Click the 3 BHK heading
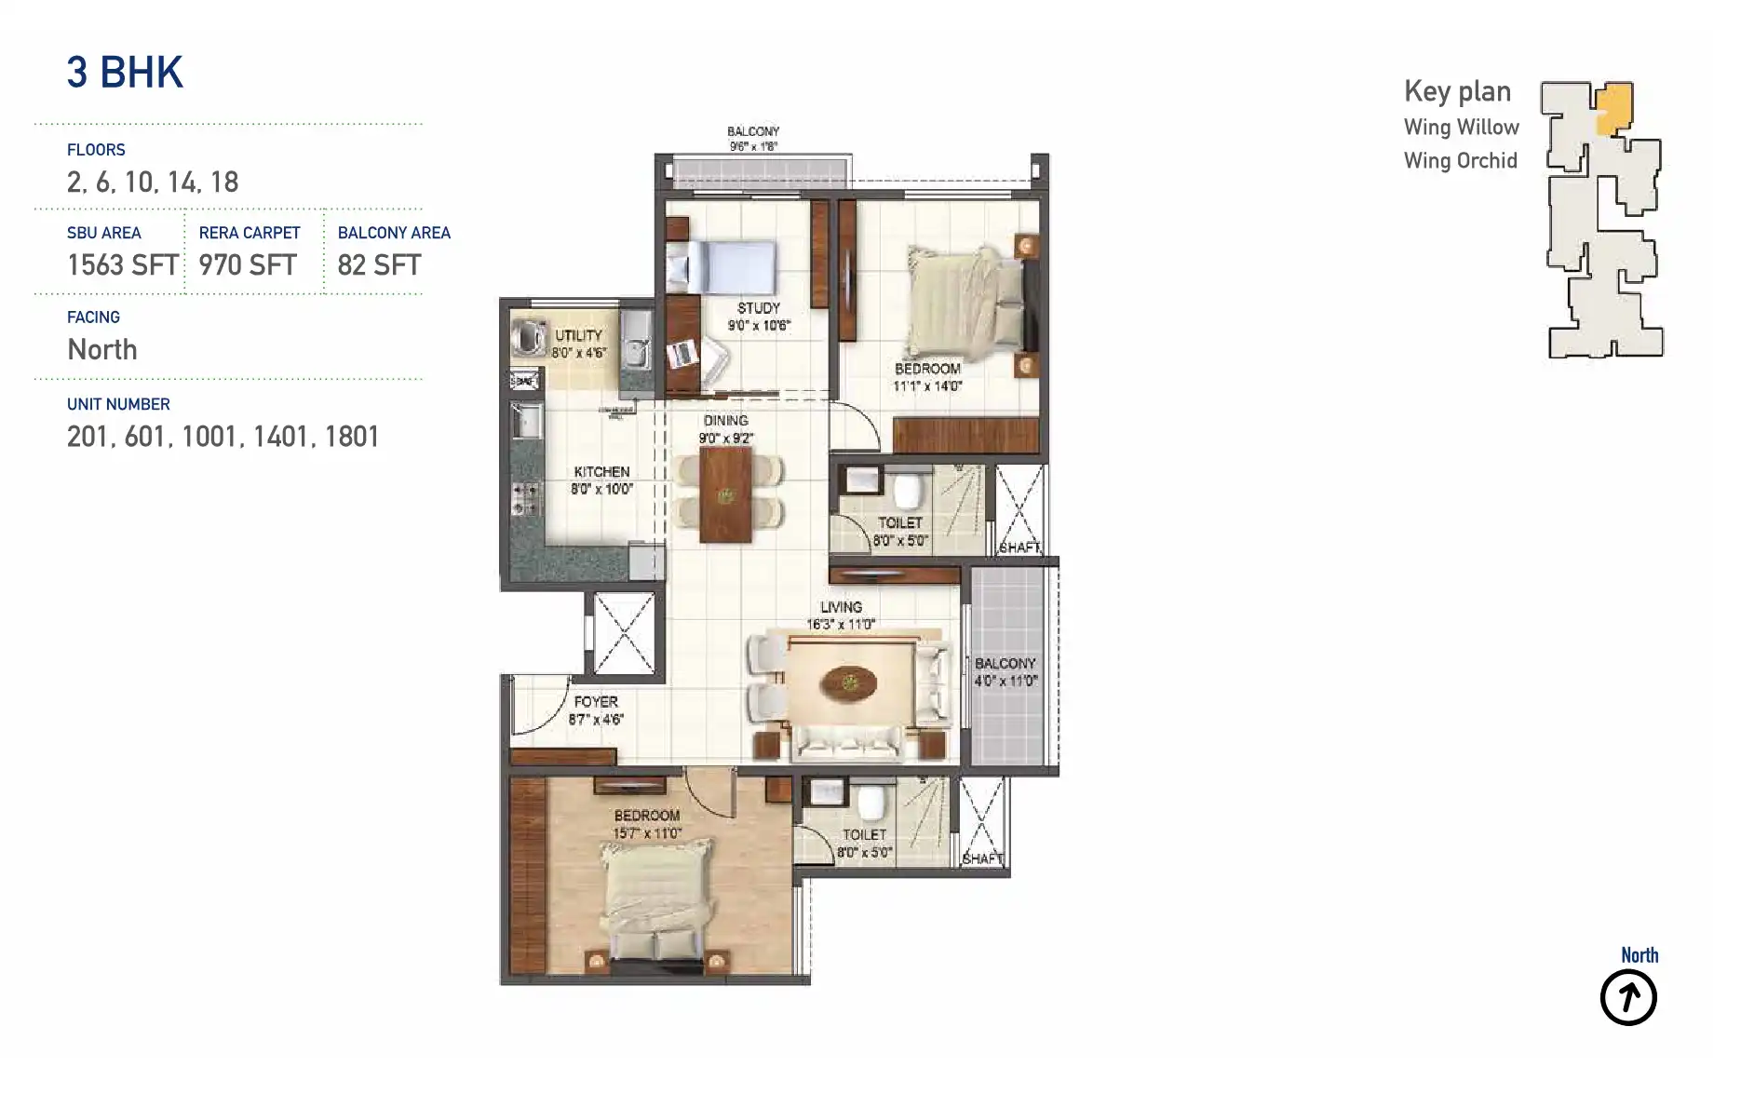(125, 73)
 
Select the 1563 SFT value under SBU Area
(122, 265)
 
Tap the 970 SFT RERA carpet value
(248, 265)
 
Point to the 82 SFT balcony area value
(379, 265)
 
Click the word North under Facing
(102, 350)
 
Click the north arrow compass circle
(1628, 998)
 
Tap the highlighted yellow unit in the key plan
(1614, 108)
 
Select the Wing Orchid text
(1460, 161)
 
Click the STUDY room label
(759, 308)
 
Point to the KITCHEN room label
(601, 472)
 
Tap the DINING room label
(725, 421)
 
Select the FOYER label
(596, 702)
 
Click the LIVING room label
(841, 607)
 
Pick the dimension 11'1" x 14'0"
(927, 386)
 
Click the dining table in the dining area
(725, 494)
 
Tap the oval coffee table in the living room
(848, 684)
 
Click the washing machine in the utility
(530, 338)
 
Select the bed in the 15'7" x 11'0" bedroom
(656, 899)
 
